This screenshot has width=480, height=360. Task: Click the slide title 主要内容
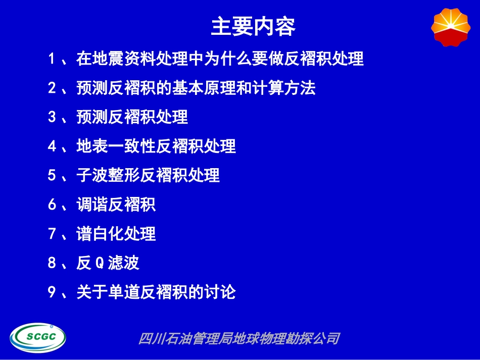253,28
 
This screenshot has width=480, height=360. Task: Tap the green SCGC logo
38,337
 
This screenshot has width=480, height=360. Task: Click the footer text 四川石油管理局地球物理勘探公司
238,338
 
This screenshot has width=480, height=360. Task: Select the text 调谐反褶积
116,205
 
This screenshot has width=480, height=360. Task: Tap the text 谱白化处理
116,234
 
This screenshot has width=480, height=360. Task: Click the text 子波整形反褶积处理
148,176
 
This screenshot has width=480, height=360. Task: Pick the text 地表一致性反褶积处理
156,146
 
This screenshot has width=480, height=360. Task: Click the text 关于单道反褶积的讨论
156,292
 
